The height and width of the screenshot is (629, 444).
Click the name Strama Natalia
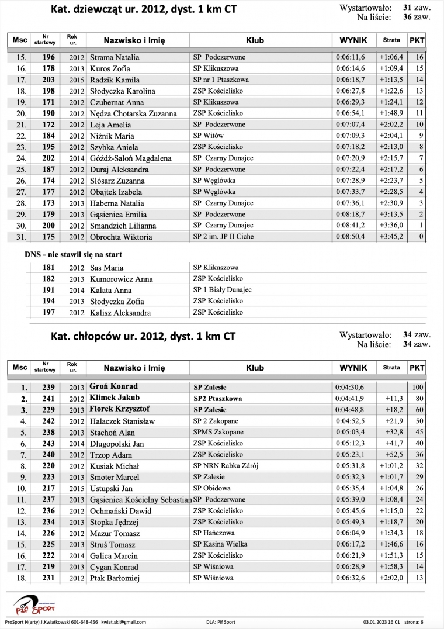pos(115,57)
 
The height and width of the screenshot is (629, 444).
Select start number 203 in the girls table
pos(48,80)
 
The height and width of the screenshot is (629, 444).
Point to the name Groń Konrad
pos(113,386)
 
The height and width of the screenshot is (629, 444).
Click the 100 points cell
pos(417,387)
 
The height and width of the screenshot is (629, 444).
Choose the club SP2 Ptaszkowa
pos(217,398)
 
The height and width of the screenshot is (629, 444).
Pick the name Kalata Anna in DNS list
pos(110,290)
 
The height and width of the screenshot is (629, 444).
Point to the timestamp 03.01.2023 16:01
pos(383,622)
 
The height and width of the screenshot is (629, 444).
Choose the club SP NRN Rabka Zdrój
pos(226,466)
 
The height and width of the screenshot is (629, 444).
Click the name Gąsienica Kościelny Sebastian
pos(140,500)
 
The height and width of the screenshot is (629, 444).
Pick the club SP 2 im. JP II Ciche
pos(223,237)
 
